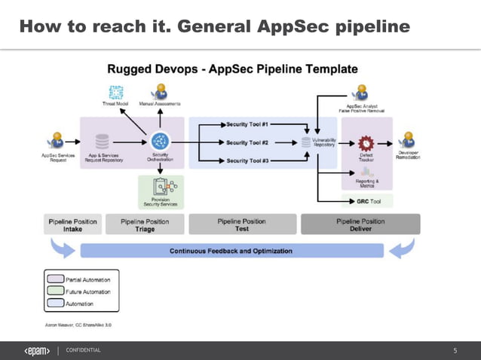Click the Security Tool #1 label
pos(248,124)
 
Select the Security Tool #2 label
pos(248,142)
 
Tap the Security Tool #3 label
pos(248,160)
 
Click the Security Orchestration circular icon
pos(159,141)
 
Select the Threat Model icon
pos(115,92)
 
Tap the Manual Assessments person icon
pos(160,92)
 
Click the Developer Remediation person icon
pos(408,140)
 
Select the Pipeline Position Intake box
pos(72,225)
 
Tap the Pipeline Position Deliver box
pos(360,224)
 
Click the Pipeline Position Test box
pos(241,224)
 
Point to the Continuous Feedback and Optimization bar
pos(240,250)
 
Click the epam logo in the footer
pos(37,350)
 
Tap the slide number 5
pos(455,351)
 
